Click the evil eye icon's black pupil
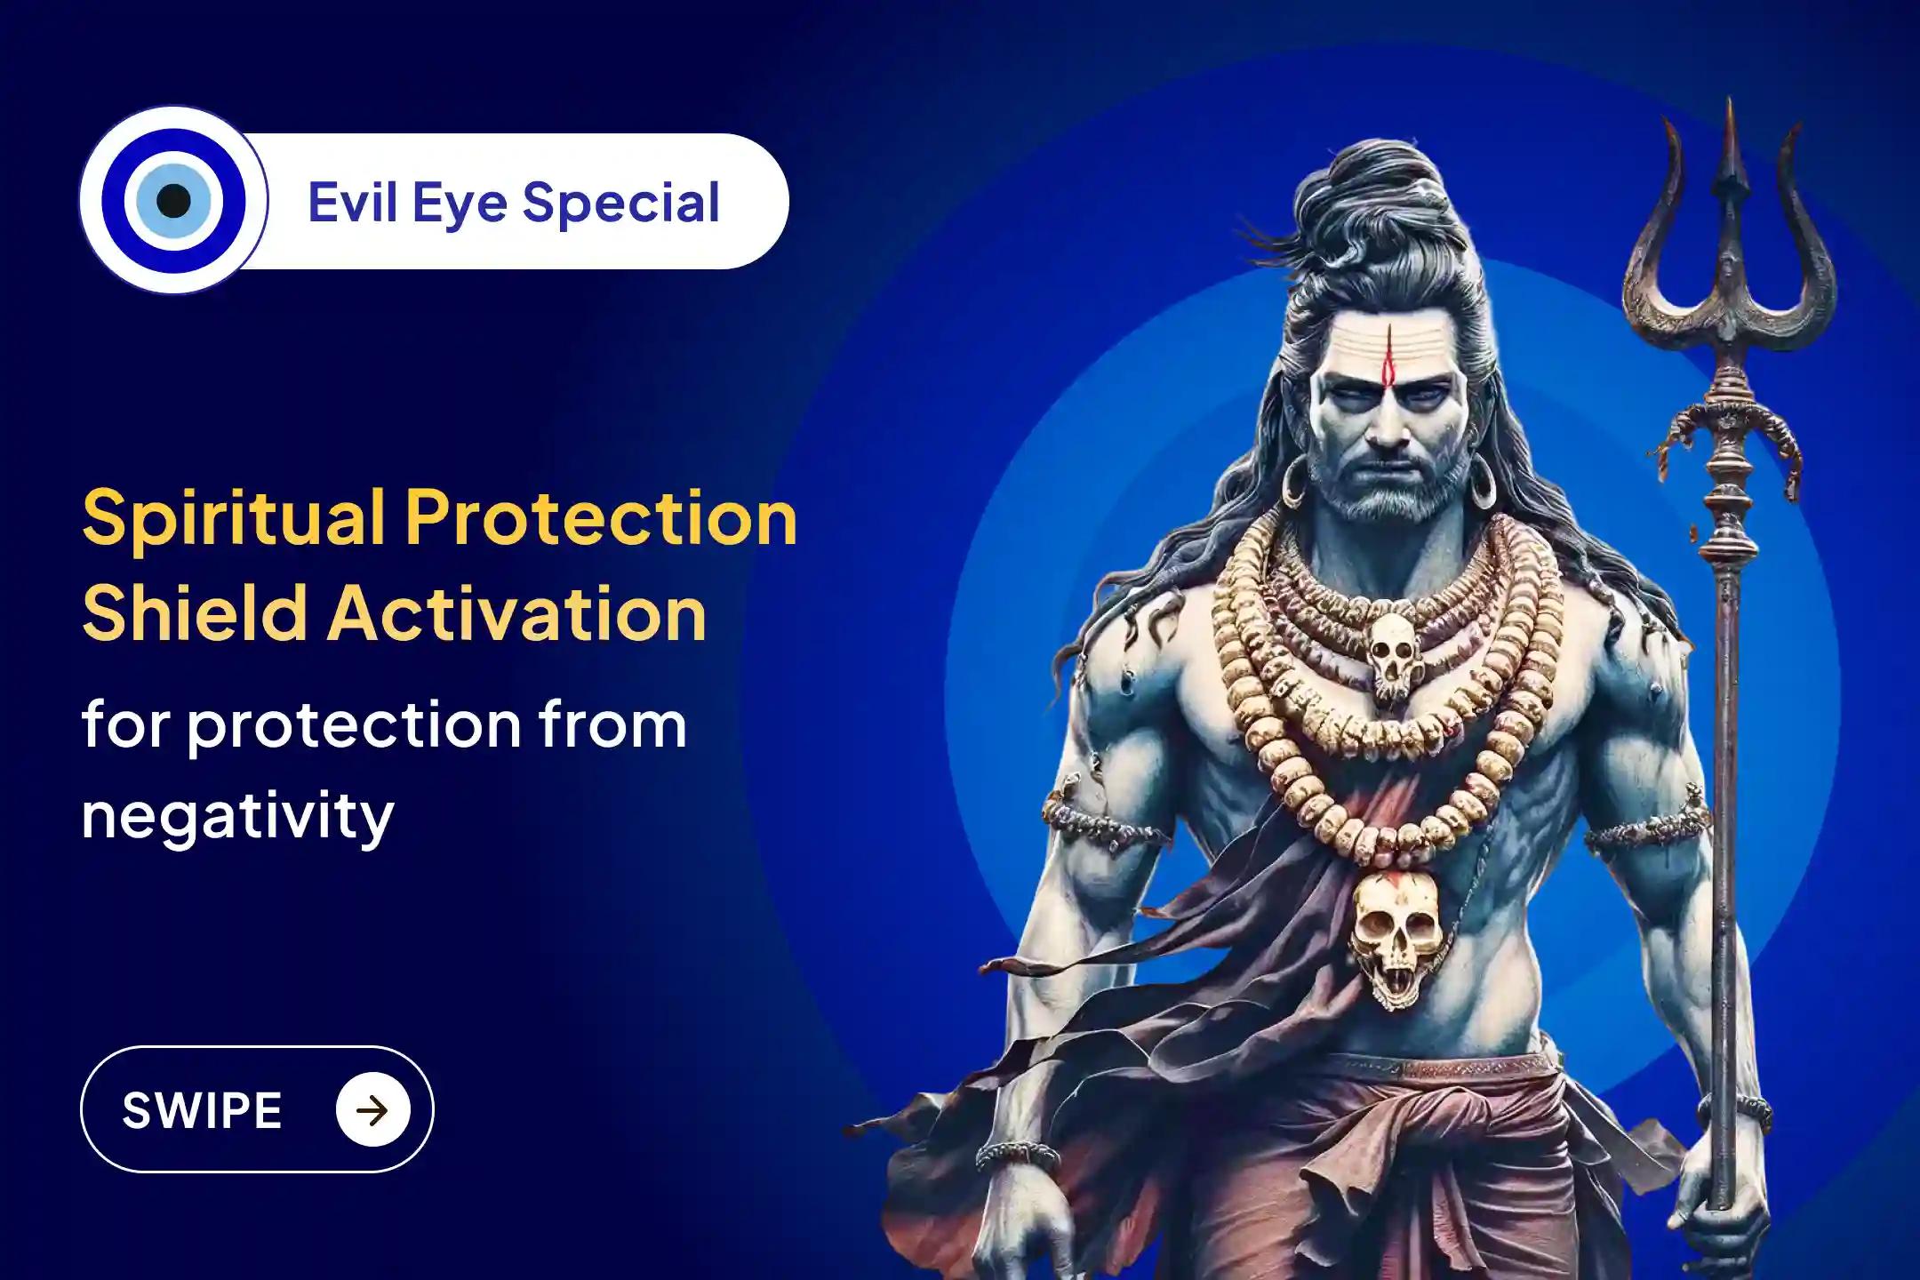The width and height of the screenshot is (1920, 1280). pyautogui.click(x=173, y=201)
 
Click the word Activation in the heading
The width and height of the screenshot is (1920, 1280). pyautogui.click(x=517, y=613)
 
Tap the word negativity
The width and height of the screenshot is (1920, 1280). pyautogui.click(x=237, y=816)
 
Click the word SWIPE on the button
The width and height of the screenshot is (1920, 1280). pyautogui.click(x=202, y=1110)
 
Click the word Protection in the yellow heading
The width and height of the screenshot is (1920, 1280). pyautogui.click(x=601, y=520)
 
